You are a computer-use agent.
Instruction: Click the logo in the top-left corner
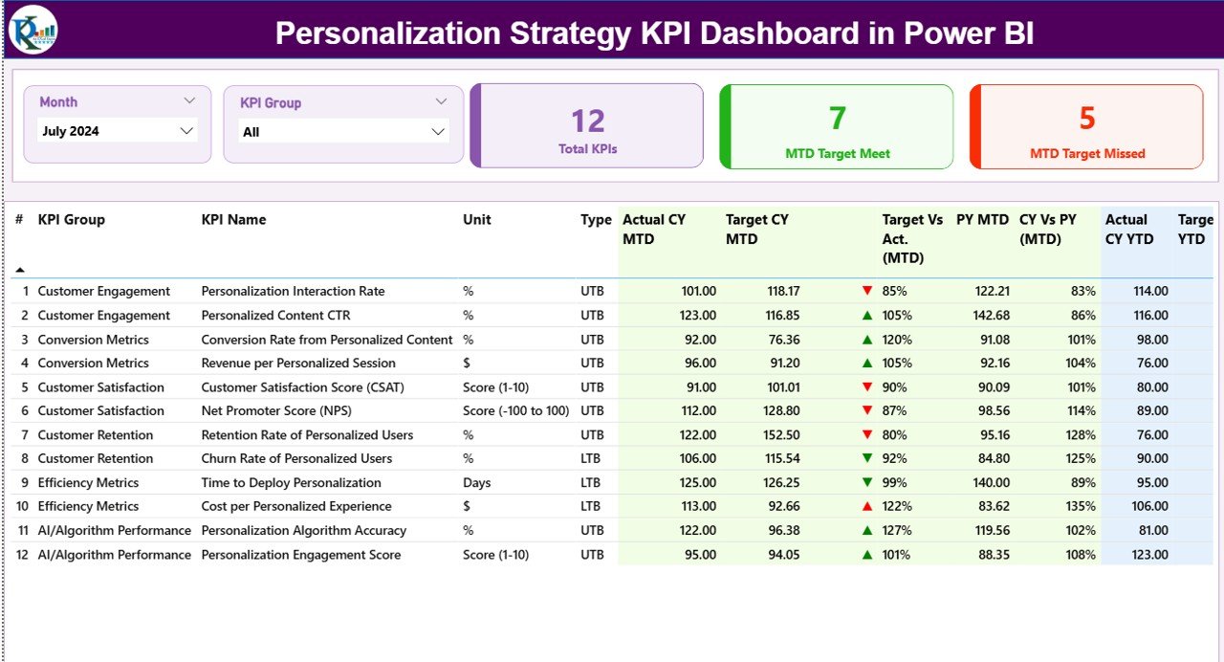coord(33,31)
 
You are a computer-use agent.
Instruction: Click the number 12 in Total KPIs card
coord(588,121)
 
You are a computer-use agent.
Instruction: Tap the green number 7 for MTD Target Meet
coord(837,118)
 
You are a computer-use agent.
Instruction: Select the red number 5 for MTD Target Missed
coord(1086,118)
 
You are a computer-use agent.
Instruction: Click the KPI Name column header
coord(233,219)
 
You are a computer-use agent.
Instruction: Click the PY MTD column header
coord(982,219)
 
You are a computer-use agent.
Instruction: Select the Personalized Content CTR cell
coord(275,315)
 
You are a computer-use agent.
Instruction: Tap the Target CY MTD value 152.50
coord(777,434)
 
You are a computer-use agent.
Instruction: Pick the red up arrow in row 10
coord(867,506)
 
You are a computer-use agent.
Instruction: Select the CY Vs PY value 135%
coord(1081,506)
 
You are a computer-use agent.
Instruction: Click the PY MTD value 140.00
coord(990,482)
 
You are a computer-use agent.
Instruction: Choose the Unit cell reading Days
coord(477,482)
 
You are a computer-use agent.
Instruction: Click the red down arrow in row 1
coord(867,291)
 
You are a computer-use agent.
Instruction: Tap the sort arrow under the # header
coord(20,270)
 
